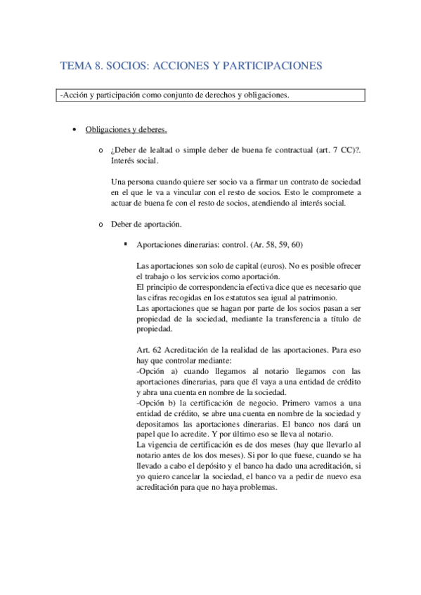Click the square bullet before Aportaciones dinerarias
tap(124, 244)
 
